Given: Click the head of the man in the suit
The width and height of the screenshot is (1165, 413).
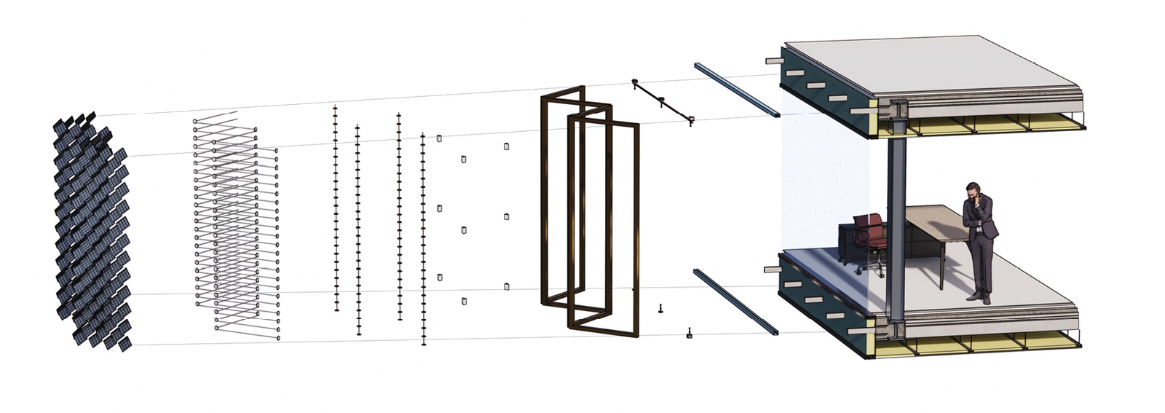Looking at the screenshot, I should (974, 191).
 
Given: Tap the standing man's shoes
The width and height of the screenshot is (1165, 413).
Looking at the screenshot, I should (979, 297).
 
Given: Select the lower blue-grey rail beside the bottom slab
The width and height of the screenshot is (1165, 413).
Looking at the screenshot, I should (735, 302).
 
